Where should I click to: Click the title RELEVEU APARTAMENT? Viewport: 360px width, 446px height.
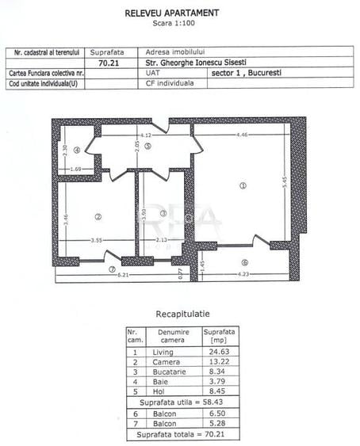pos(172,13)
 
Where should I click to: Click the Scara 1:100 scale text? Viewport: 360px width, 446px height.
pos(172,25)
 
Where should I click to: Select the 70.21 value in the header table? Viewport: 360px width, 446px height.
pos(107,61)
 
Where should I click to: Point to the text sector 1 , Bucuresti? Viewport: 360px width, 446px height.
pos(247,71)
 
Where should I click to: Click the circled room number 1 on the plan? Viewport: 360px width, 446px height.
pos(243,185)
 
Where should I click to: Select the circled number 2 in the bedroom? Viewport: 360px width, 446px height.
pos(98,216)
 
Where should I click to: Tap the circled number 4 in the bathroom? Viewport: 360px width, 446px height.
pos(76,150)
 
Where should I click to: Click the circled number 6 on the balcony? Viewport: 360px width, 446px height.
pos(245,262)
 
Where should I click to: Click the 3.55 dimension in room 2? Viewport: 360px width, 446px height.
pos(96,240)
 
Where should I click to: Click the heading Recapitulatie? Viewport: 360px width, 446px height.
pos(183,314)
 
